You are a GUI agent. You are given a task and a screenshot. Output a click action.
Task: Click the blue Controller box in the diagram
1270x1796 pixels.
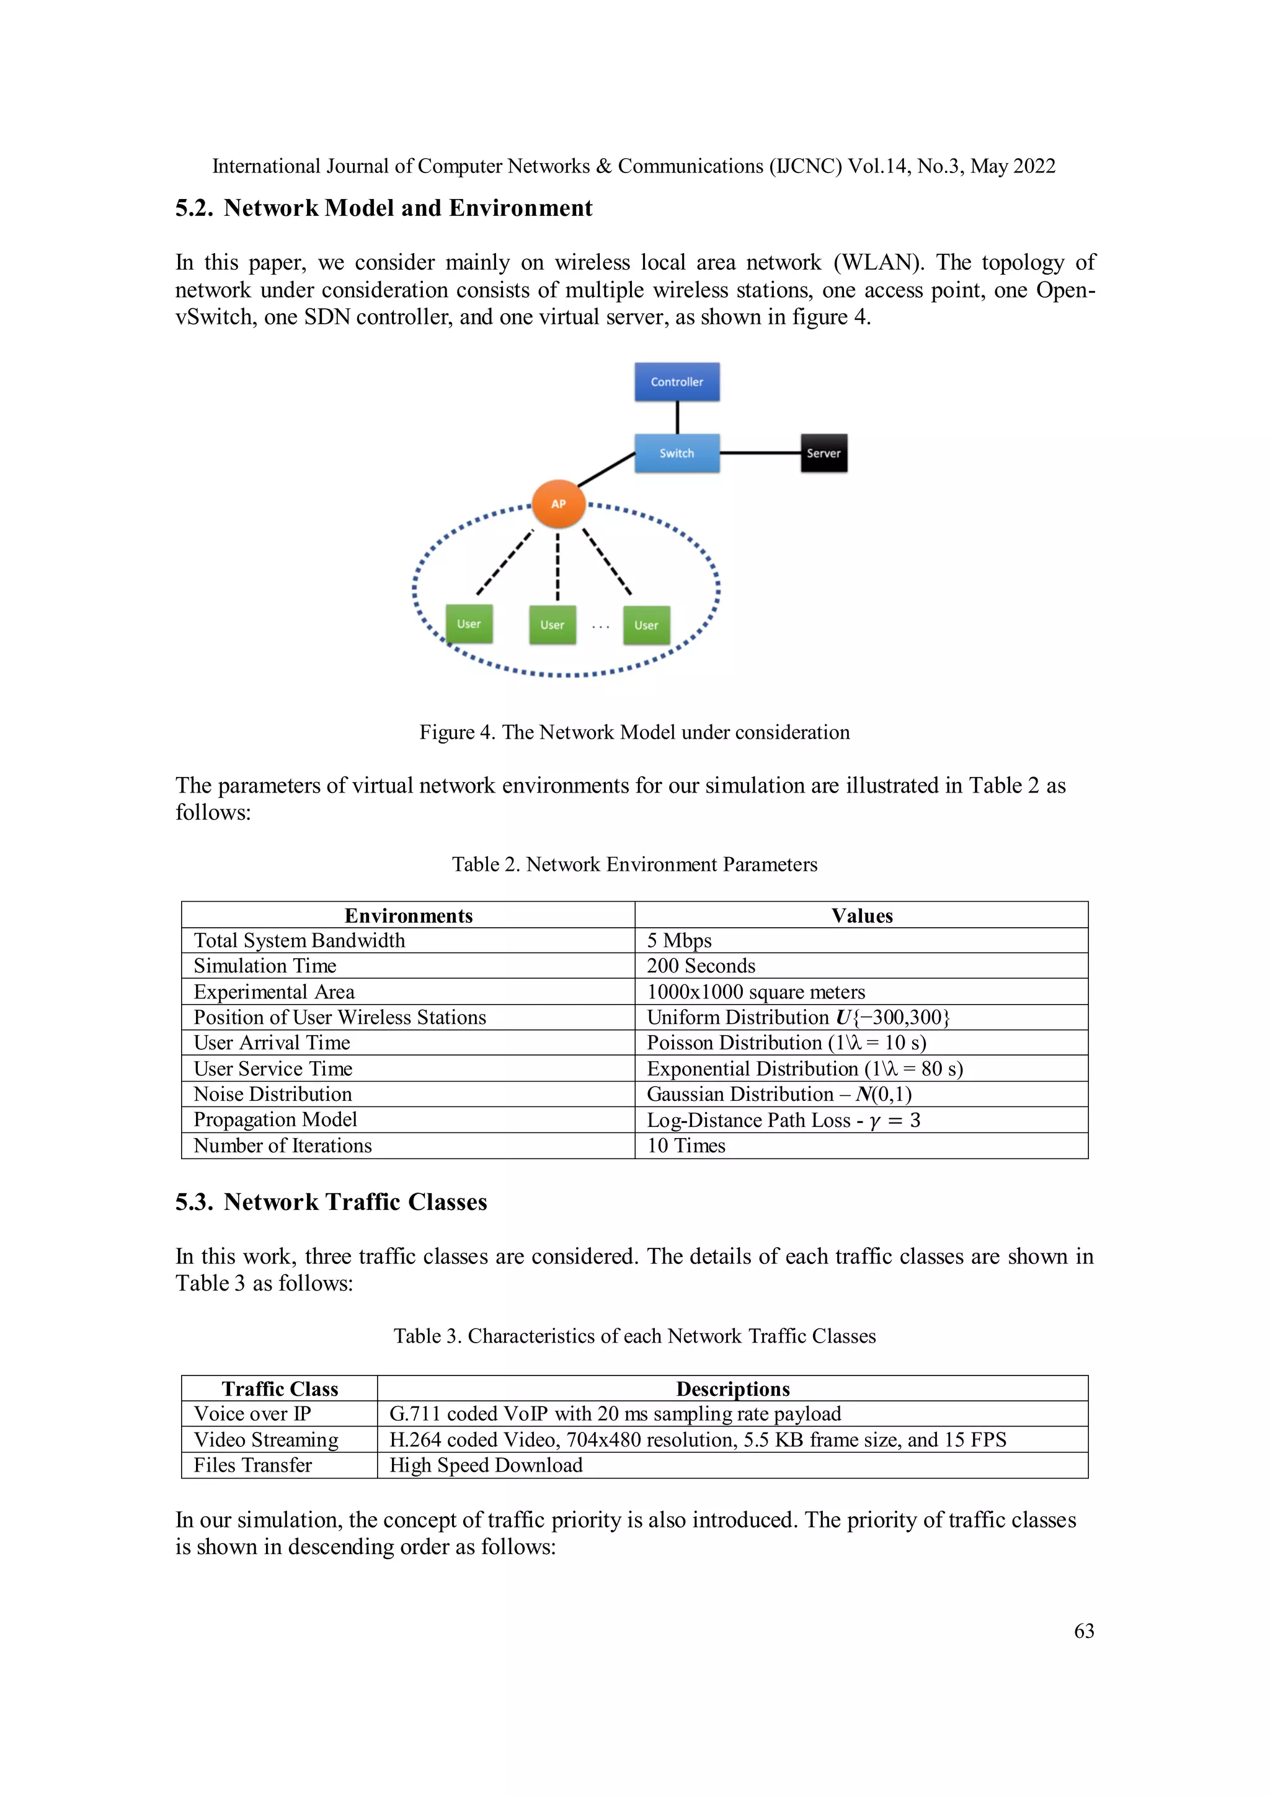(x=677, y=382)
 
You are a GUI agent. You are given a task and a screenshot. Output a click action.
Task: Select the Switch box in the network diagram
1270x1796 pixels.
(x=677, y=453)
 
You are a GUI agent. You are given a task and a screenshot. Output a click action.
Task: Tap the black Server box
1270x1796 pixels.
(x=824, y=453)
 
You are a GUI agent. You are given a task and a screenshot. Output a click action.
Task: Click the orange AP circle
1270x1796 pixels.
(x=558, y=504)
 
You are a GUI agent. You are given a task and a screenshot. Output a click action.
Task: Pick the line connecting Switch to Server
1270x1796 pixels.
(x=760, y=452)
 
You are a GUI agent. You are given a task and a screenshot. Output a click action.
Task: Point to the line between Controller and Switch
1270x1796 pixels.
(x=677, y=417)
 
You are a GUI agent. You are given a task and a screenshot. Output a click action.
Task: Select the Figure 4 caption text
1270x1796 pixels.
(x=634, y=732)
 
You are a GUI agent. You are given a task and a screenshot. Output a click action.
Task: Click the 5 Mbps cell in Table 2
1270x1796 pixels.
(x=679, y=940)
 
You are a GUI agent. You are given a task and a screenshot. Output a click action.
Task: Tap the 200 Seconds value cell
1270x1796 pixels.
(x=701, y=966)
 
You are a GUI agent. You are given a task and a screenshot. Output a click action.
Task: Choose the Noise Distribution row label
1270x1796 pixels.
(x=273, y=1095)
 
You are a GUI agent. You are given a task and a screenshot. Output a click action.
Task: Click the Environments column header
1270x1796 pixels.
(x=408, y=916)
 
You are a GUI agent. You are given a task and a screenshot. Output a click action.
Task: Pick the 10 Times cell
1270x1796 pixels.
(x=686, y=1146)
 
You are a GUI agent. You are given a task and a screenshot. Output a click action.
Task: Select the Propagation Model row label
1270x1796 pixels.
(x=275, y=1120)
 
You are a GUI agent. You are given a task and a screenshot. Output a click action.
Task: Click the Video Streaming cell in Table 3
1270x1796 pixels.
(x=266, y=1440)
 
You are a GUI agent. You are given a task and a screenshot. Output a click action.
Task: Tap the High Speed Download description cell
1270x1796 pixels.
(x=486, y=1465)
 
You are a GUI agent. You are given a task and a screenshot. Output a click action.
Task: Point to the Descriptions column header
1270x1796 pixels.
(x=733, y=1389)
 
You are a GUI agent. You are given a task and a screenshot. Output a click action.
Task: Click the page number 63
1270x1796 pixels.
(x=1084, y=1631)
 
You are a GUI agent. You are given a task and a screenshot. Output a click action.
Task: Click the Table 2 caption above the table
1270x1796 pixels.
(x=634, y=865)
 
